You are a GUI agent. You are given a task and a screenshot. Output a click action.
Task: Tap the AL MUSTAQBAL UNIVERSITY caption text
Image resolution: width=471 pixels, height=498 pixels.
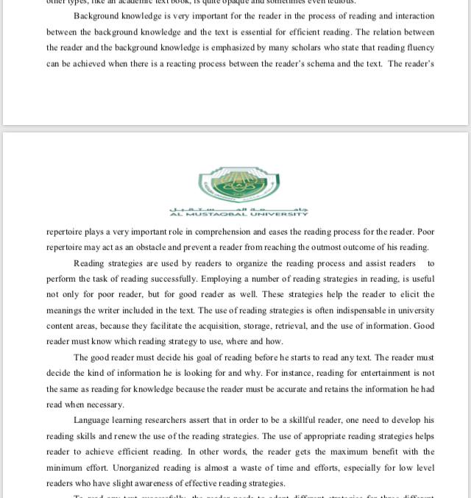tap(239, 214)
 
